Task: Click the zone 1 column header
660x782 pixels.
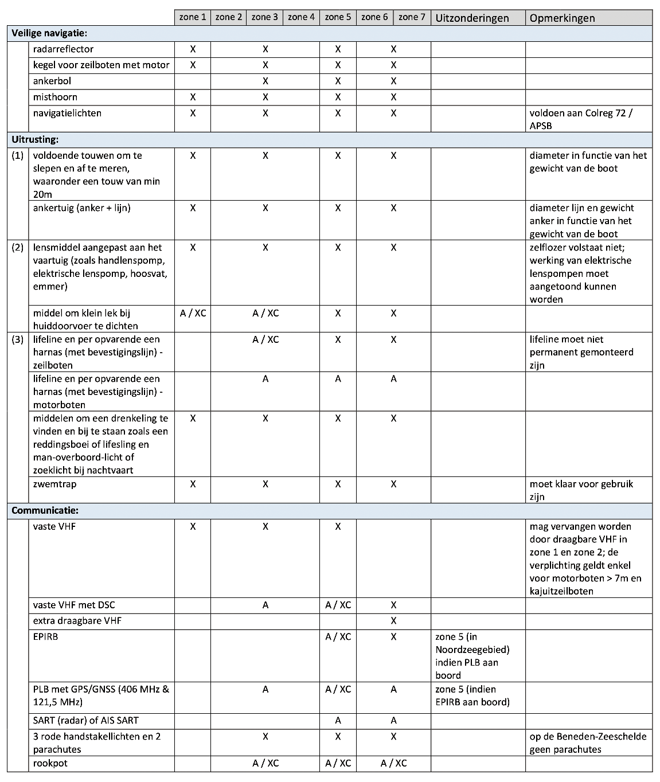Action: coord(193,17)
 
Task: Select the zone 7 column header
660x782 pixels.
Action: coord(412,17)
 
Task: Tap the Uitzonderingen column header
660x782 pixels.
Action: coord(472,18)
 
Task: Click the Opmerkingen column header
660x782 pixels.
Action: coord(562,18)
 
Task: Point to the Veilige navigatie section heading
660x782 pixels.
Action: coord(49,33)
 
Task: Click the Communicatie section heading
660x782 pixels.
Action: coord(45,510)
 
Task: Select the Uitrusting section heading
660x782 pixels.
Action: coord(35,139)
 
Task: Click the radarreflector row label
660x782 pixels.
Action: coord(63,49)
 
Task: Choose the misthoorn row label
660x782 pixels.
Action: coord(55,97)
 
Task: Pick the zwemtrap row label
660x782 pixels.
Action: coord(54,484)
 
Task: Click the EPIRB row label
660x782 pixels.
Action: coord(45,636)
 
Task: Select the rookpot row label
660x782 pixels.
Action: coord(50,763)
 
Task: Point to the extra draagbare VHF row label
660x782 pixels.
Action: coord(77,621)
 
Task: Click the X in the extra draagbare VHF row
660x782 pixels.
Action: coord(393,621)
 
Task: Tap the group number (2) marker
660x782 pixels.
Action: coord(18,248)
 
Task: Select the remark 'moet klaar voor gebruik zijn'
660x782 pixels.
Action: coord(581,490)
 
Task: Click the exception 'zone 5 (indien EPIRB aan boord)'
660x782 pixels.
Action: coord(472,695)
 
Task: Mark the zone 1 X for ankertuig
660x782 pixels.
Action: coord(193,208)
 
